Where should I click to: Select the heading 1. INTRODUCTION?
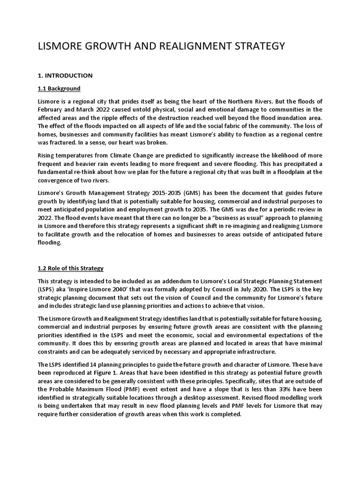(x=65, y=75)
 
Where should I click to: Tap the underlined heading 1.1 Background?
(x=59, y=89)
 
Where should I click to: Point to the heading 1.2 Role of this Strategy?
(x=70, y=269)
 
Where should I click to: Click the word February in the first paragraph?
(x=51, y=110)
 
